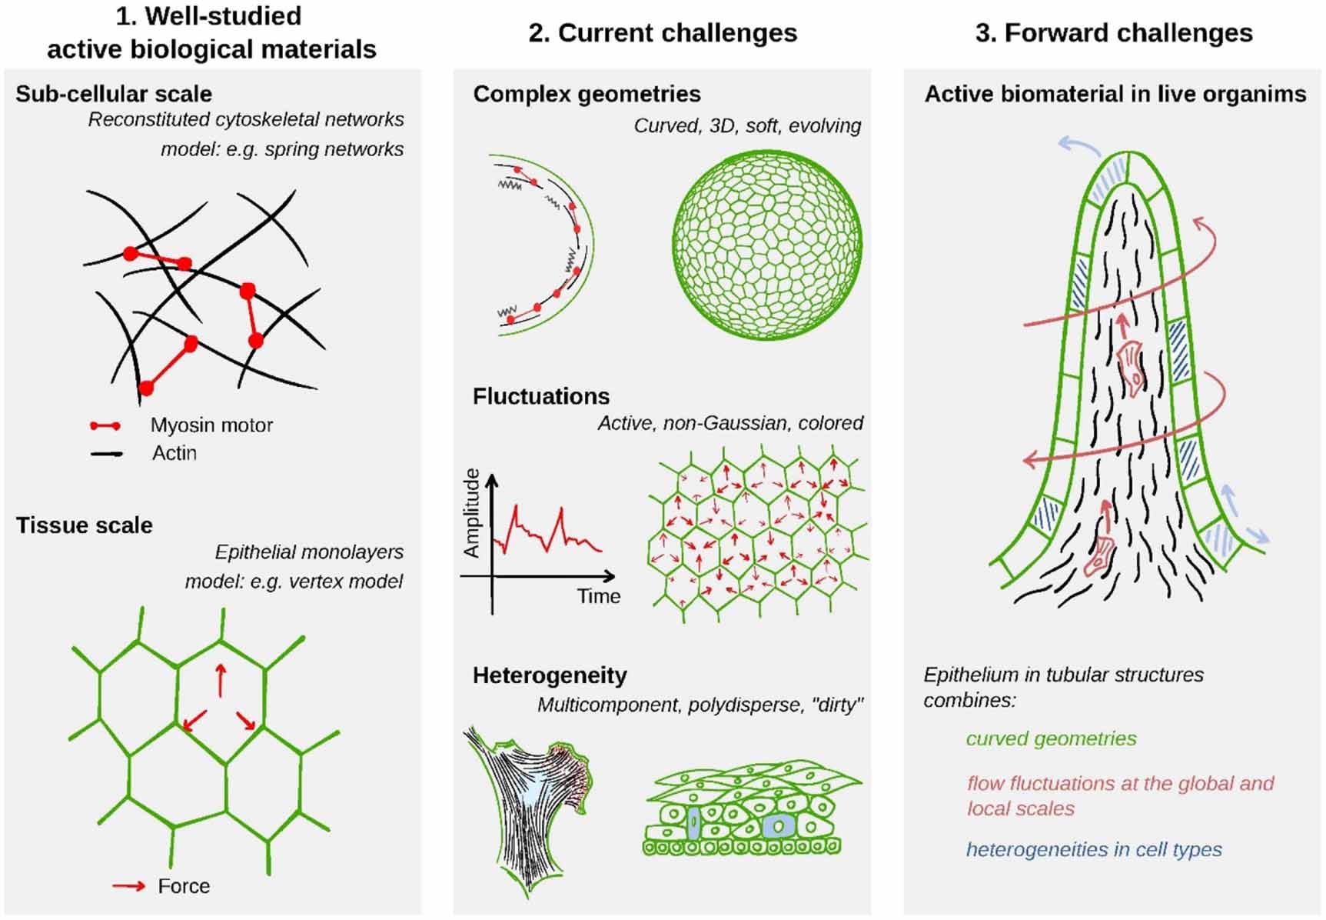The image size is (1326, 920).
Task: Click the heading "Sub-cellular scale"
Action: pyautogui.click(x=114, y=94)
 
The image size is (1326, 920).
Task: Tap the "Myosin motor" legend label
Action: pyautogui.click(x=211, y=425)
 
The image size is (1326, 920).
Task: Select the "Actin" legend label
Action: pyautogui.click(x=174, y=453)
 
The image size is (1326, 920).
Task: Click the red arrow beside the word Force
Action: pyautogui.click(x=128, y=886)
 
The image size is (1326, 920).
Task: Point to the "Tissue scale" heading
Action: pyautogui.click(x=85, y=525)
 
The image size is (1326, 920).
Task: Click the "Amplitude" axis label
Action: pyautogui.click(x=471, y=513)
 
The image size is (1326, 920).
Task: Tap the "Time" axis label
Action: pyautogui.click(x=599, y=596)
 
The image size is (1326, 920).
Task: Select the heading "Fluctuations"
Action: pyautogui.click(x=541, y=396)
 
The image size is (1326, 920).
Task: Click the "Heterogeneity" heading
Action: pyautogui.click(x=550, y=675)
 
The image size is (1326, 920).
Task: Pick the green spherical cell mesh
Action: pyautogui.click(x=766, y=245)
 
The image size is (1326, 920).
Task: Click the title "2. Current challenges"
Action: pyautogui.click(x=663, y=33)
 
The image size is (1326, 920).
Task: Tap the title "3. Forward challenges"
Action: pyautogui.click(x=1114, y=33)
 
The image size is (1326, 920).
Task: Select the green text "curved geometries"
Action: pyautogui.click(x=1051, y=738)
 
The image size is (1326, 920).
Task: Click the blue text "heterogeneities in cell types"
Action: pyautogui.click(x=1094, y=849)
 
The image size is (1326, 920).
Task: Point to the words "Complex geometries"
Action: pyautogui.click(x=587, y=94)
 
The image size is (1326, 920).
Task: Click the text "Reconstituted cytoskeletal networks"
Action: pyautogui.click(x=246, y=120)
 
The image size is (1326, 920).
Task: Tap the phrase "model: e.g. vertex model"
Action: pyautogui.click(x=294, y=582)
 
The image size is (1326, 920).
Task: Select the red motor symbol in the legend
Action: pyautogui.click(x=105, y=425)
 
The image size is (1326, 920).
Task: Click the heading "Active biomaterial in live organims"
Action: pyautogui.click(x=1115, y=94)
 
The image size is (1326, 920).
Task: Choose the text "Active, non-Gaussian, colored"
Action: pyautogui.click(x=730, y=423)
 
